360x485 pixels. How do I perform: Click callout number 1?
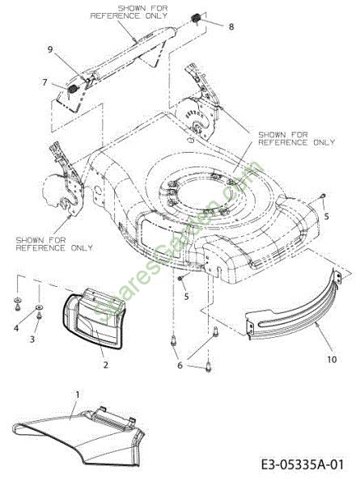pyautogui.click(x=78, y=395)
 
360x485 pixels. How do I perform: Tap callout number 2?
pyautogui.click(x=106, y=365)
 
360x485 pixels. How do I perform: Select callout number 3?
pyautogui.click(x=32, y=339)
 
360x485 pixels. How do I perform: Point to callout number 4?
pyautogui.click(x=16, y=327)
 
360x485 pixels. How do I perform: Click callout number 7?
pyautogui.click(x=45, y=82)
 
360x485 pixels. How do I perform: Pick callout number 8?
pyautogui.click(x=231, y=27)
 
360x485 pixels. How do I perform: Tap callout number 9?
pyautogui.click(x=50, y=49)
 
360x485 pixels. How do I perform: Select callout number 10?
pyautogui.click(x=332, y=360)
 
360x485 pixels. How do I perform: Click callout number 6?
pyautogui.click(x=180, y=365)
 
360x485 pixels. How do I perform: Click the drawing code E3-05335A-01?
pyautogui.click(x=302, y=465)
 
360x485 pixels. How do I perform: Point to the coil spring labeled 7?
pyautogui.click(x=73, y=89)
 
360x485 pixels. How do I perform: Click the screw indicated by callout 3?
pyautogui.click(x=40, y=315)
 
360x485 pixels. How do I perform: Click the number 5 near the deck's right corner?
pyautogui.click(x=326, y=217)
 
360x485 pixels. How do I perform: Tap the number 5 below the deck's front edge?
pyautogui.click(x=186, y=297)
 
